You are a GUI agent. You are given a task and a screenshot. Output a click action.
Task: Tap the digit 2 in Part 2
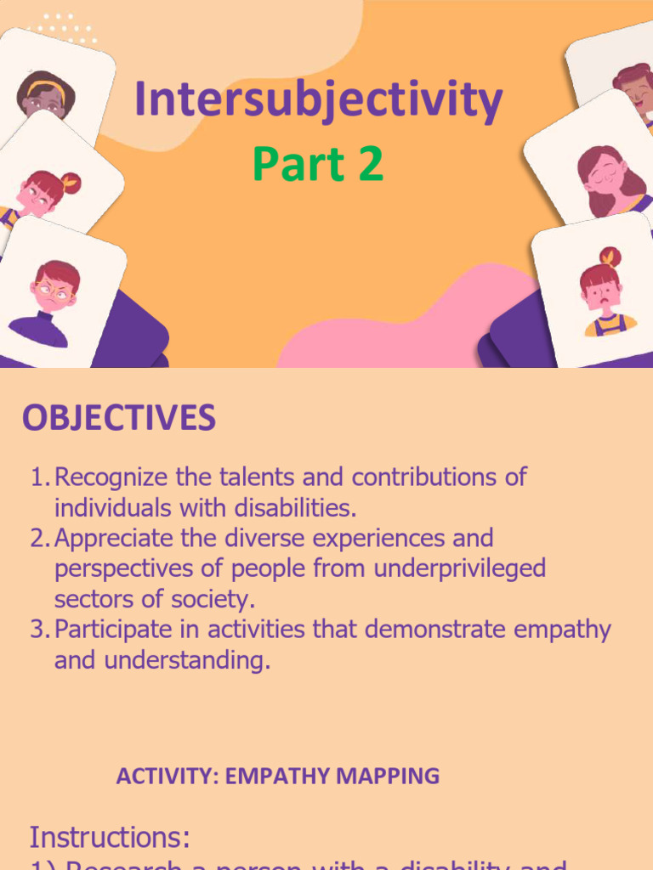370,165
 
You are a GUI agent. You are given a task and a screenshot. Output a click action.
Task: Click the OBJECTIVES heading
119,418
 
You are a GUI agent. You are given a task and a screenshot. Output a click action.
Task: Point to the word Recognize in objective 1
108,477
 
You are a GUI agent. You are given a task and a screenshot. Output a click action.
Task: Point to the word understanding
186,661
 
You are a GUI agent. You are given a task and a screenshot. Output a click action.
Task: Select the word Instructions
110,838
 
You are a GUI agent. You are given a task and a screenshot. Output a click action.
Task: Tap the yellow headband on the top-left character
44,88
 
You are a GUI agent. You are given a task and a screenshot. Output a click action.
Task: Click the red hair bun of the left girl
71,183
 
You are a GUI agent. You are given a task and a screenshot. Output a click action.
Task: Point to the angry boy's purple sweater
38,329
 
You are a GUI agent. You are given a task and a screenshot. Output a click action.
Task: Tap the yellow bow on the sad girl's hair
609,256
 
